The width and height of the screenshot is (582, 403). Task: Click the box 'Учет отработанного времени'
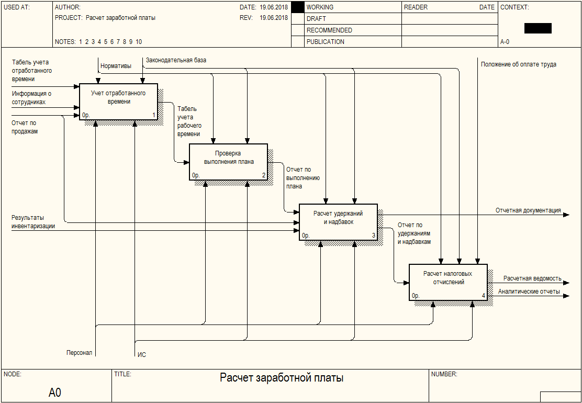[x=118, y=102]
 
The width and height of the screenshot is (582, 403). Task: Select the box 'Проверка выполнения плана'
[x=228, y=162]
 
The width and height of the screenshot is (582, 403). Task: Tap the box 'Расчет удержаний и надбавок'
[x=338, y=222]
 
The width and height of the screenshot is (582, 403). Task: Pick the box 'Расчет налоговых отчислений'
[x=448, y=282]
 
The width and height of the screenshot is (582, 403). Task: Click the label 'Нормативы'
[x=116, y=66]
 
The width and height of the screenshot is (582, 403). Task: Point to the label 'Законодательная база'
[x=176, y=60]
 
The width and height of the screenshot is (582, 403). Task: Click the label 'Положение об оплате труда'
[x=519, y=64]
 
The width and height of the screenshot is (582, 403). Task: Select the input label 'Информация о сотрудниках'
[x=32, y=98]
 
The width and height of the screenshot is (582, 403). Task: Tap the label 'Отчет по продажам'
[x=25, y=127]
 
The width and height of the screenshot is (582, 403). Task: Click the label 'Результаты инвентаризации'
[x=33, y=221]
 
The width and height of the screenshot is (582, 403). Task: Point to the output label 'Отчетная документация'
[x=528, y=210]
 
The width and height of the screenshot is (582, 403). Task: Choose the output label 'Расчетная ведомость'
[x=532, y=278]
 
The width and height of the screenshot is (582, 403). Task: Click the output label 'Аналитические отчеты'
[x=529, y=292]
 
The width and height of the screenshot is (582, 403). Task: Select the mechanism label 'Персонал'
[x=79, y=353]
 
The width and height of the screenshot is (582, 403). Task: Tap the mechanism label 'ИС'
[x=142, y=355]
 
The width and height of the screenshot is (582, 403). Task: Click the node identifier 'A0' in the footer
[x=55, y=392]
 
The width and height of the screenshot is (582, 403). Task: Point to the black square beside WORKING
[x=297, y=7]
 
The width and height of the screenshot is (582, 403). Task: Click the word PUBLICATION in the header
[x=326, y=42]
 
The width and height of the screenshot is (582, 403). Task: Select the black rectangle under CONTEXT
[x=538, y=28]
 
